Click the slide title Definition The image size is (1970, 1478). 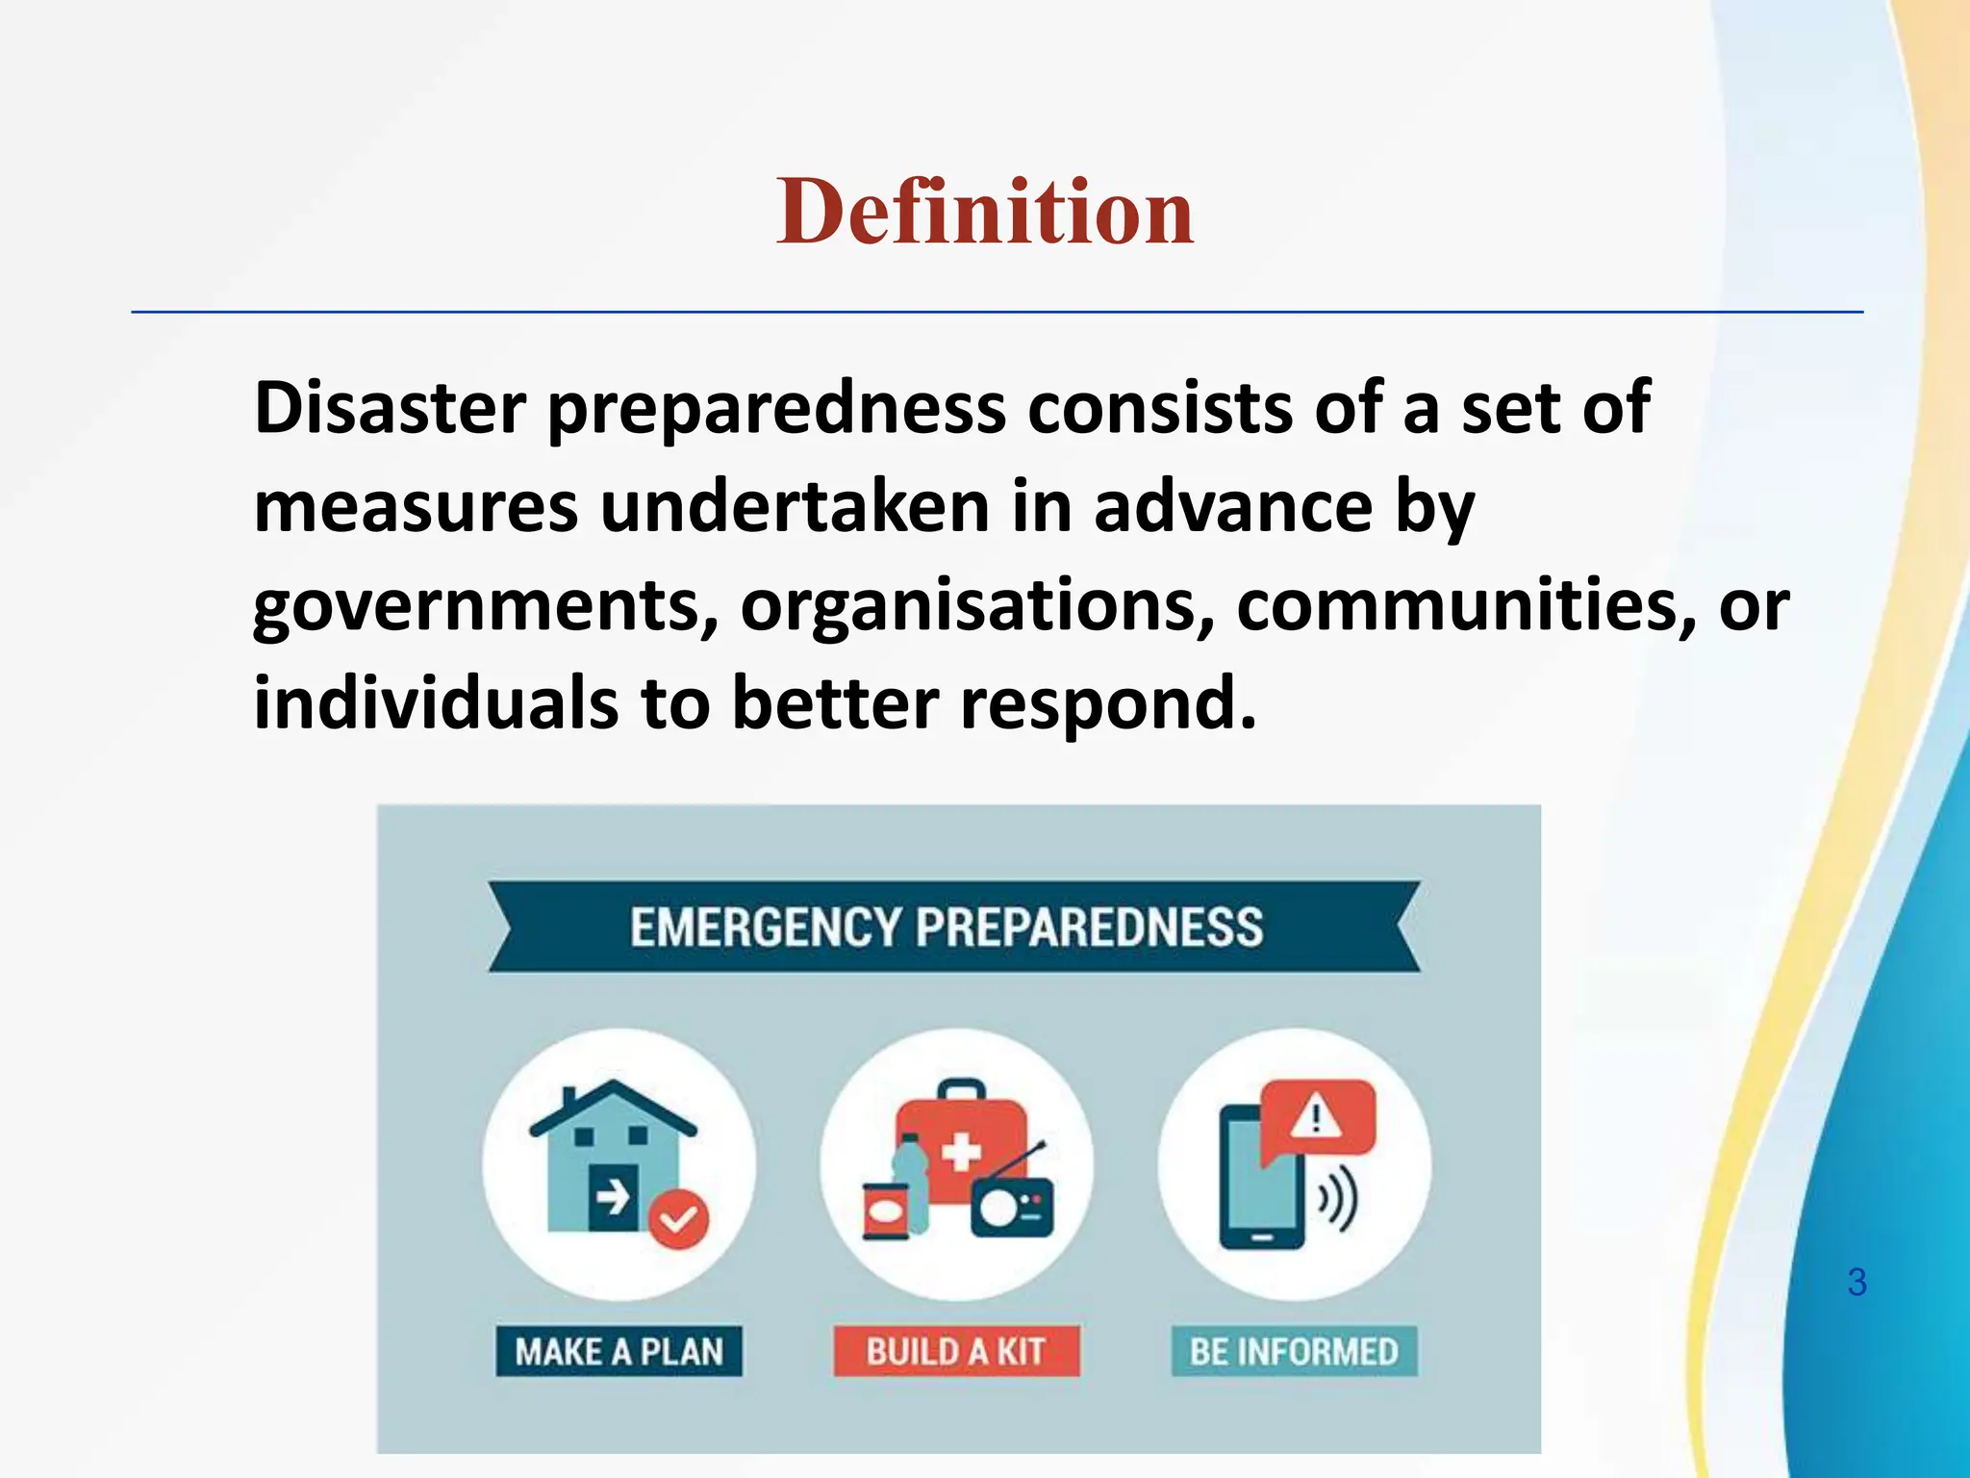pyautogui.click(x=984, y=212)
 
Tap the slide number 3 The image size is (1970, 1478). pyautogui.click(x=1856, y=1283)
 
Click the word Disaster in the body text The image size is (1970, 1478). pyautogui.click(x=390, y=408)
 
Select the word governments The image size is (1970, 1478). pyautogui.click(x=486, y=608)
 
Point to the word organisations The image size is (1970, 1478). pyautogui.click(x=976, y=608)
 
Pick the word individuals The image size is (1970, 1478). pyautogui.click(x=435, y=703)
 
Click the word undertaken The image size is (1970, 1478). pyautogui.click(x=795, y=508)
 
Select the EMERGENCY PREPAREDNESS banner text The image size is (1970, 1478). pyautogui.click(x=947, y=928)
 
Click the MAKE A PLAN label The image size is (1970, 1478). pyautogui.click(x=619, y=1352)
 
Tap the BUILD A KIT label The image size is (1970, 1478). pyautogui.click(x=955, y=1352)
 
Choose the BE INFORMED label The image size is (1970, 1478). pyautogui.click(x=1294, y=1352)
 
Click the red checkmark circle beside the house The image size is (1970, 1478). pyautogui.click(x=678, y=1219)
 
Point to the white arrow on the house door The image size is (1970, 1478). pyautogui.click(x=612, y=1198)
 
